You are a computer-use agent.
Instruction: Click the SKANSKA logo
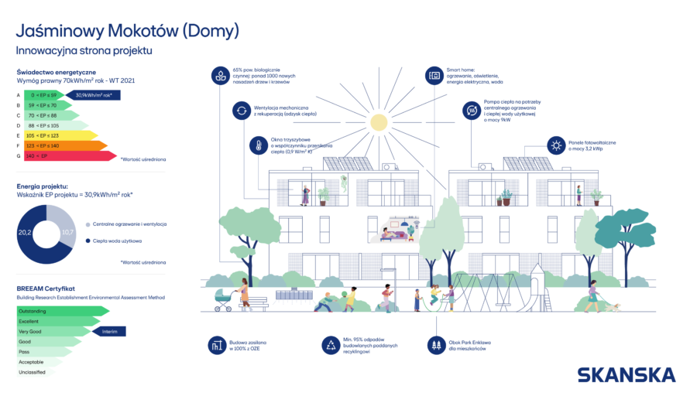coord(626,374)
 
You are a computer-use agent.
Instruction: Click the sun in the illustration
coord(378,121)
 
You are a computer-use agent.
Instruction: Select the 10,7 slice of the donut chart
coord(67,231)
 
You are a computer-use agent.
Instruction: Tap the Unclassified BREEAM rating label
coord(33,372)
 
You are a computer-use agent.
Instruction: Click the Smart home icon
coord(434,76)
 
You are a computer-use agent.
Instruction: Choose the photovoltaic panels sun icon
coord(555,145)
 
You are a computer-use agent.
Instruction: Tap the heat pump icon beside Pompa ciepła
coord(471,111)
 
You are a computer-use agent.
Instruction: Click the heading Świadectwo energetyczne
coord(56,71)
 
